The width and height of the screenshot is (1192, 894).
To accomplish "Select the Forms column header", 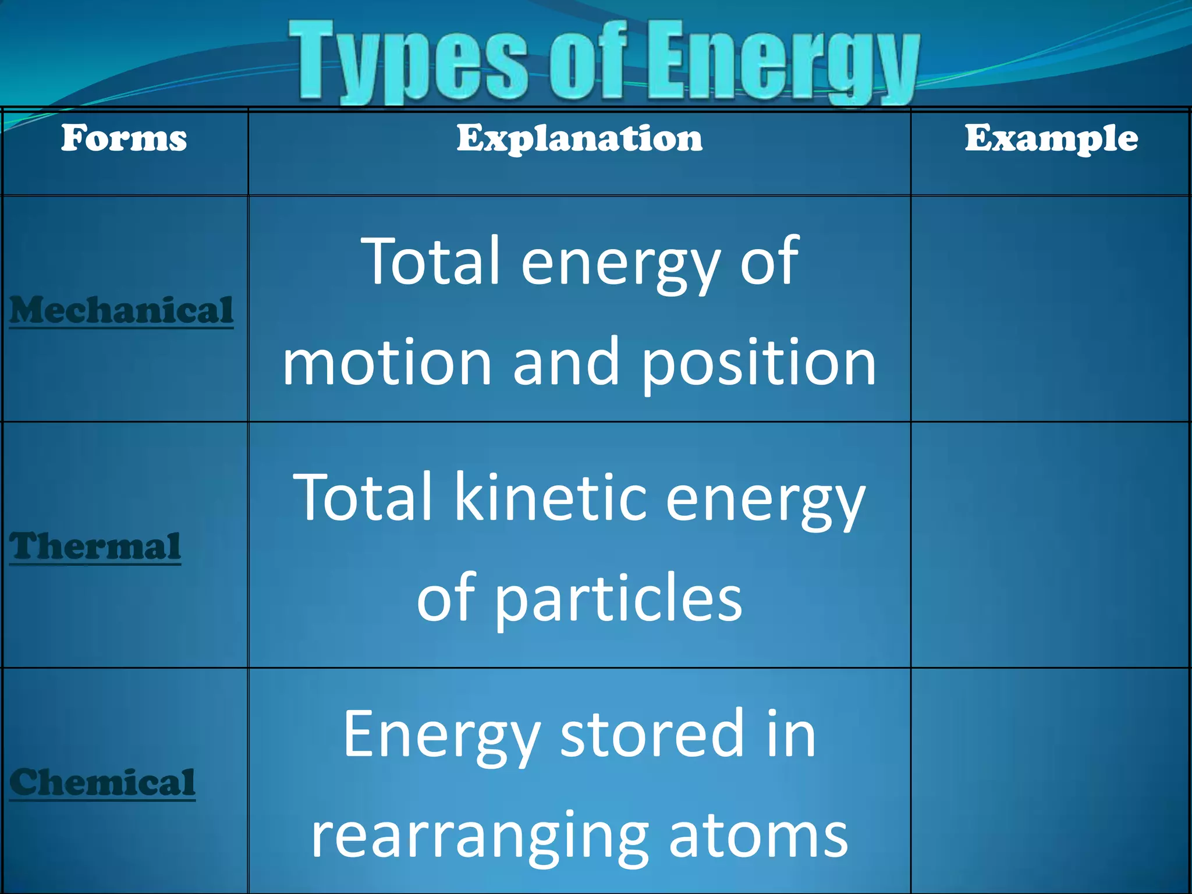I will pos(124,139).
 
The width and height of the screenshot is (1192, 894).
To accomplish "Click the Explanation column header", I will pos(579,139).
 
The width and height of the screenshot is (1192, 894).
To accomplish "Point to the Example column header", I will pos(1051,139).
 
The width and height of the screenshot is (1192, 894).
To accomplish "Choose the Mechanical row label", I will pos(121,310).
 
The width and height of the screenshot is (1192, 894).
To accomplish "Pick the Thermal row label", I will pos(95,547).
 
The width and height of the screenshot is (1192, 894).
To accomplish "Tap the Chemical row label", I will pos(102,782).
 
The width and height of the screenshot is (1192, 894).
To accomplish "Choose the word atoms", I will pos(758,836).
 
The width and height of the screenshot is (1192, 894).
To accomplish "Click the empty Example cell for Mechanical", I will pos(1050,308).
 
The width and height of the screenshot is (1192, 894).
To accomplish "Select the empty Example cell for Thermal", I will pos(1050,545).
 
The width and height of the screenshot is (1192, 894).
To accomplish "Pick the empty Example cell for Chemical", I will pos(1050,780).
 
